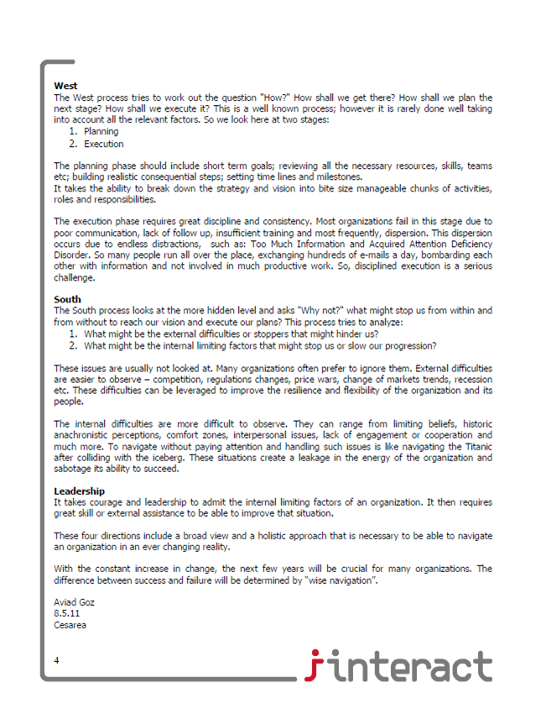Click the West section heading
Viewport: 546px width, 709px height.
tap(65, 86)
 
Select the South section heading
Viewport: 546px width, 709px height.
tap(67, 299)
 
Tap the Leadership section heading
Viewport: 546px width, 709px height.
tap(80, 491)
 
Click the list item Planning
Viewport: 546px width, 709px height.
tap(101, 131)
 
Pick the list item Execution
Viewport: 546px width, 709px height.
tap(104, 144)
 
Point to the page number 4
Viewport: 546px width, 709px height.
tap(56, 661)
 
